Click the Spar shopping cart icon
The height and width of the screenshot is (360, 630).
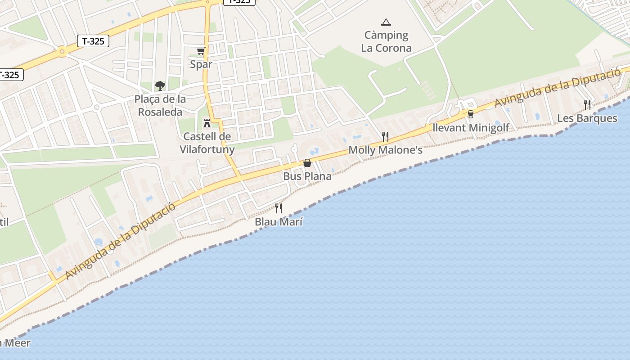point(201,51)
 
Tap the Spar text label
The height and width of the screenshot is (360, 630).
point(201,64)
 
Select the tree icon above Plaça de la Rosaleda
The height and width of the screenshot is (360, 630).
point(160,85)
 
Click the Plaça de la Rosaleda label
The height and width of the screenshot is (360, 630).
point(160,105)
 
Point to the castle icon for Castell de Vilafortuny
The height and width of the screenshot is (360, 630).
point(207,123)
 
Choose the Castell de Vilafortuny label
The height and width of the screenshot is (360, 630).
point(207,143)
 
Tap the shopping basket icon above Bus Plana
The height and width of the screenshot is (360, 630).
point(307,163)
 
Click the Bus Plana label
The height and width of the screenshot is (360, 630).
point(307,176)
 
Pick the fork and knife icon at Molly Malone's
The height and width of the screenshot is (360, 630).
point(385,136)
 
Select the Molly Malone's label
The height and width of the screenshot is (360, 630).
point(386,150)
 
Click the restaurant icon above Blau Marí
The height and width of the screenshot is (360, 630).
point(279,208)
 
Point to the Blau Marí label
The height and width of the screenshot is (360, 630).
point(279,222)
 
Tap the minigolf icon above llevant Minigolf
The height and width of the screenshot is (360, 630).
point(471,114)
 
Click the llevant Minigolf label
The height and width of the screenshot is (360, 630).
point(471,128)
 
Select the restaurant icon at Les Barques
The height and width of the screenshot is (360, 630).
point(587,105)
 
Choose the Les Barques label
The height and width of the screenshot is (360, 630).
point(587,118)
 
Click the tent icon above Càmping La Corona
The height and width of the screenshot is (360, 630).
point(386,22)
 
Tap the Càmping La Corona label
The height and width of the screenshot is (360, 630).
point(386,41)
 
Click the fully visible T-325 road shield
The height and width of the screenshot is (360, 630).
point(93,41)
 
